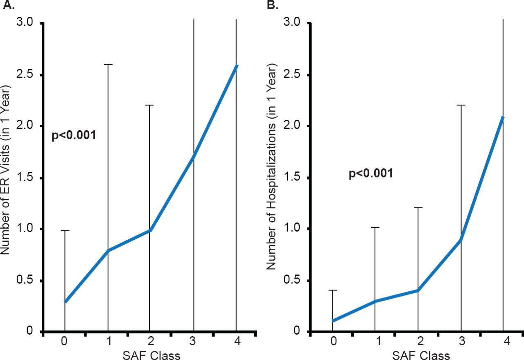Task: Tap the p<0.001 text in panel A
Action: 74,135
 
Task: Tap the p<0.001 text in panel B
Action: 371,173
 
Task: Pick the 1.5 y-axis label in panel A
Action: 27,178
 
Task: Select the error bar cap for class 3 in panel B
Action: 461,105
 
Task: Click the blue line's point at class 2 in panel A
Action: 151,230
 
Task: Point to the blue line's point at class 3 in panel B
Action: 461,240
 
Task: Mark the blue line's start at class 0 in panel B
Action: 332,321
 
